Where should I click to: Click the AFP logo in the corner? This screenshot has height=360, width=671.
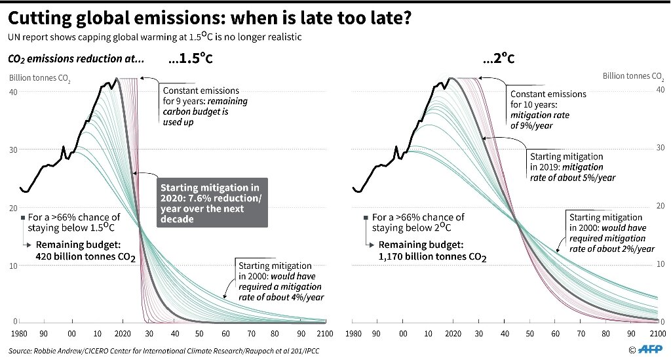click(x=652, y=350)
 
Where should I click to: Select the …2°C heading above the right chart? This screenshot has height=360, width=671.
click(x=498, y=59)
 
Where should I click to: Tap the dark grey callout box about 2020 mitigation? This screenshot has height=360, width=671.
click(x=212, y=202)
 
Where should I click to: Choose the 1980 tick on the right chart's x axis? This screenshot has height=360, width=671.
click(x=353, y=334)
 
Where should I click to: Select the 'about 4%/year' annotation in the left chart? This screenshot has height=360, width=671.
click(x=281, y=292)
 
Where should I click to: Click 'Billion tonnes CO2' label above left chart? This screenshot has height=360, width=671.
click(x=40, y=79)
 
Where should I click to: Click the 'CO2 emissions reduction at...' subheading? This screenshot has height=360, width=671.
click(x=75, y=60)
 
